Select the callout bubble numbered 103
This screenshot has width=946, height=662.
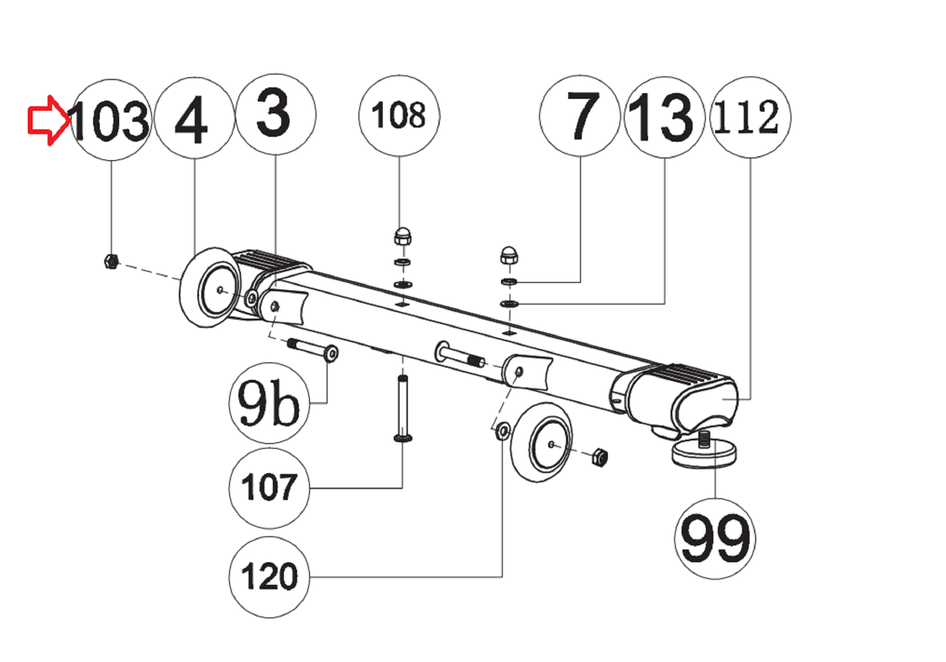coord(111,120)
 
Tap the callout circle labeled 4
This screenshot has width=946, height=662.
coord(194,118)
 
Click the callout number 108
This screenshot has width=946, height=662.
coord(399,115)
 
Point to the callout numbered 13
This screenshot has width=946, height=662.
coord(664,117)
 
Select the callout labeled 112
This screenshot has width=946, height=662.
coord(750,117)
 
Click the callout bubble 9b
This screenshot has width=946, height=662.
coord(269,403)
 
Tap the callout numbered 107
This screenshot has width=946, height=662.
coord(269,488)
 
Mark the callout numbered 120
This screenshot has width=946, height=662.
coord(269,577)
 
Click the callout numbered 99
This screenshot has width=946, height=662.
coord(715,539)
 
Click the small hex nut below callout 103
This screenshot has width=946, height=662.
coord(111,261)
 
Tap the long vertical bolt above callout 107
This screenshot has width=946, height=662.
coord(403,409)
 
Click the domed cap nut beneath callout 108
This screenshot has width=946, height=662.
coord(402,236)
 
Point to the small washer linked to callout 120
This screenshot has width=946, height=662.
coord(503,432)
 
